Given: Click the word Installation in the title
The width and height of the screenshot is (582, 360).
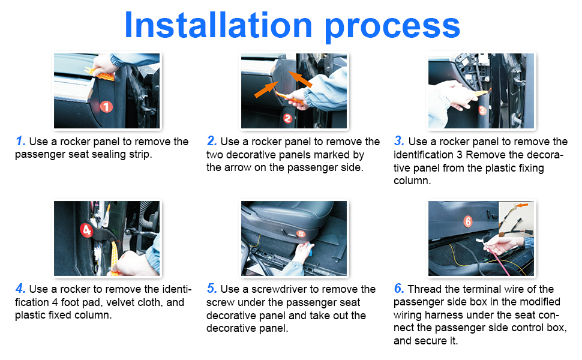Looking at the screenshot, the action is [x=218, y=25].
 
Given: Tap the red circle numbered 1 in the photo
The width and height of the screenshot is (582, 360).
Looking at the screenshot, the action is [x=106, y=107].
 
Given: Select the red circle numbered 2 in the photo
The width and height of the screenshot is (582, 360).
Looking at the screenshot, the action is [x=287, y=118].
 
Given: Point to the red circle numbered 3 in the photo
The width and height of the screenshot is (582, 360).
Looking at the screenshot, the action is [x=482, y=110].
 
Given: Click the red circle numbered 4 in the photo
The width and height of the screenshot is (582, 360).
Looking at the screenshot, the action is [x=86, y=230].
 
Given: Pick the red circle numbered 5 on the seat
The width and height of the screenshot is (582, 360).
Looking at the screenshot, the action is [x=301, y=234].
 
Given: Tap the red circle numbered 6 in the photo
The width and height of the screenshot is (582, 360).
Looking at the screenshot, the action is [x=467, y=221].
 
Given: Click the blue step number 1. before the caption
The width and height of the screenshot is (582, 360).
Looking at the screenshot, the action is [x=20, y=141].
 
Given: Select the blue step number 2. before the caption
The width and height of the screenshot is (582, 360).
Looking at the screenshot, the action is [x=212, y=141].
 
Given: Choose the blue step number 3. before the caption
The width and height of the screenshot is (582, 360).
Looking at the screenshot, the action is [x=399, y=141].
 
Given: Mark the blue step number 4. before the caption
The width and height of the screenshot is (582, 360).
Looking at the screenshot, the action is [x=20, y=289].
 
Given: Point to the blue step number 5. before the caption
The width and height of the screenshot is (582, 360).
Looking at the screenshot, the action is [x=212, y=289].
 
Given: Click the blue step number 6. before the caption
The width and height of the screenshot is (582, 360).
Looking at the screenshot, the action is [x=399, y=289].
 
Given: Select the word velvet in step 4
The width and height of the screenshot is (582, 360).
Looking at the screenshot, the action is [x=120, y=302].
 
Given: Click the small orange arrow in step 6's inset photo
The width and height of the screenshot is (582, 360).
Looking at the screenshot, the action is [x=523, y=205].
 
